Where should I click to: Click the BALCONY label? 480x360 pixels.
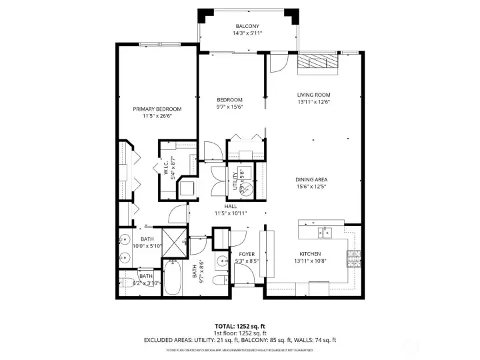click(247, 26)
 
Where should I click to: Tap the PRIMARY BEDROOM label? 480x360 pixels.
click(157, 109)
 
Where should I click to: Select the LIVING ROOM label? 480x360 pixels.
click(313, 95)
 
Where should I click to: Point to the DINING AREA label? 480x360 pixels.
click(311, 179)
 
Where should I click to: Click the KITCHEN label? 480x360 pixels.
click(310, 254)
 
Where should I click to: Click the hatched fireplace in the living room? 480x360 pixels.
click(318, 61)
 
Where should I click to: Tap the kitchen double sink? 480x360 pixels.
click(326, 232)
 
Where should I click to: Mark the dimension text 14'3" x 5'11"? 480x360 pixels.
click(247, 33)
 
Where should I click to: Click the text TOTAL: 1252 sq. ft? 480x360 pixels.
click(240, 326)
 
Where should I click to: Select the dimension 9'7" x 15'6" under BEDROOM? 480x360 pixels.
click(229, 107)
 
